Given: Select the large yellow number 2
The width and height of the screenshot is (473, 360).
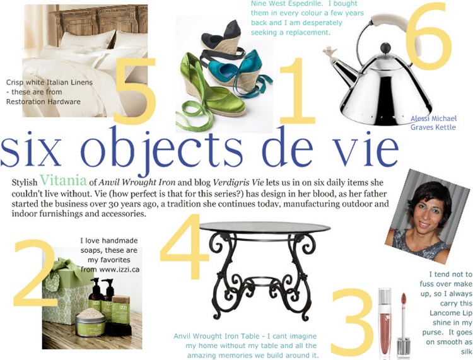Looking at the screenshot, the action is point(35,273).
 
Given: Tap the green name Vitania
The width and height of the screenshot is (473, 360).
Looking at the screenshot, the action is point(63,180).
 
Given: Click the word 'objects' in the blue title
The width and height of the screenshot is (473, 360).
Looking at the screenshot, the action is point(162,149).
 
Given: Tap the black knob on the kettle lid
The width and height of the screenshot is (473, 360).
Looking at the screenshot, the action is point(385,48).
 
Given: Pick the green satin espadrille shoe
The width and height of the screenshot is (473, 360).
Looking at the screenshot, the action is point(211,90).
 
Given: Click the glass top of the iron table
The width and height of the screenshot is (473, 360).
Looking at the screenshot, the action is point(265,228).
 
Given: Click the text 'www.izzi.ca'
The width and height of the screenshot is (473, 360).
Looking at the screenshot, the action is point(119,269).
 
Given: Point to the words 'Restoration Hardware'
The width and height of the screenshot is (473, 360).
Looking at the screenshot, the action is point(44,102).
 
